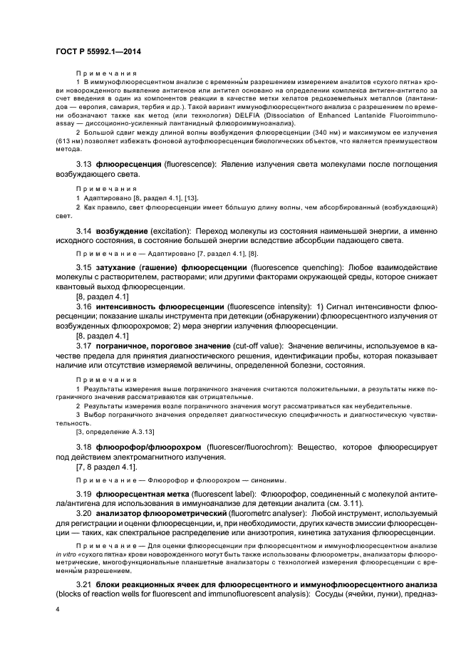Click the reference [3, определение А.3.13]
(x=115, y=432)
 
